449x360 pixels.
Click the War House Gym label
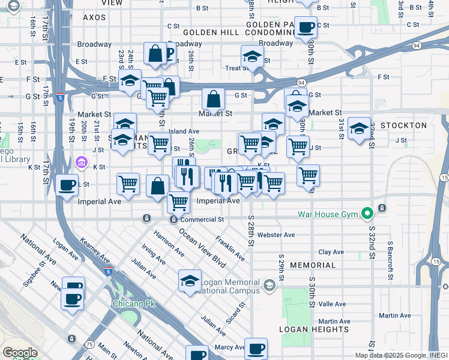(327, 214)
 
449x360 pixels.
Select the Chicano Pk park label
(134, 304)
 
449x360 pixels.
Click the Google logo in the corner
(20, 353)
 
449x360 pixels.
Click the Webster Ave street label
(276, 235)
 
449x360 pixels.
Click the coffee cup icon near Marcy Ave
(256, 348)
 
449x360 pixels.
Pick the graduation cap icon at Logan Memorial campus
(189, 281)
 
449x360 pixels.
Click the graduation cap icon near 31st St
(359, 128)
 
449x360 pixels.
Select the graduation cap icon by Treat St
(253, 57)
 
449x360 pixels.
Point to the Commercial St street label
(203, 220)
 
